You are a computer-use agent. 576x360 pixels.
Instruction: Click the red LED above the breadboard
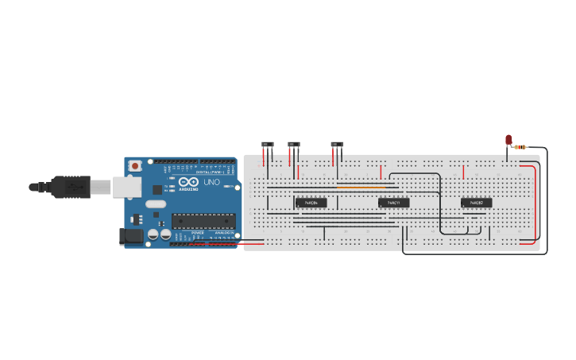coord(509,140)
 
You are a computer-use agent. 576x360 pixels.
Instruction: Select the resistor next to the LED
coord(520,147)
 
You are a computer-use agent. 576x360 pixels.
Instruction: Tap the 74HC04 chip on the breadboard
coord(311,203)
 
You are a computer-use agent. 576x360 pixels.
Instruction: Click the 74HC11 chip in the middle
coord(394,203)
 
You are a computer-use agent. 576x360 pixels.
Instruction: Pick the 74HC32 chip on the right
coord(477,203)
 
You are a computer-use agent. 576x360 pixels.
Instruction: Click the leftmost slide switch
coord(268,145)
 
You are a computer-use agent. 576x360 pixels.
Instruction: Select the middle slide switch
coord(294,145)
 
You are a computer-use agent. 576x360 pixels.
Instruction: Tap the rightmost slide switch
coord(337,145)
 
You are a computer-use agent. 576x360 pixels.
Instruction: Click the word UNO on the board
coord(212,182)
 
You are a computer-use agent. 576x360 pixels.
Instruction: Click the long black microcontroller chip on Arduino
coord(203,222)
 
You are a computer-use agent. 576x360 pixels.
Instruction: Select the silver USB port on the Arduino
coord(126,187)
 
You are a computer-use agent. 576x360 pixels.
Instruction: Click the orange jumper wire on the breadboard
coord(361,188)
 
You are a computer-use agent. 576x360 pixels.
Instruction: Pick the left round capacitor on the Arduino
coord(153,235)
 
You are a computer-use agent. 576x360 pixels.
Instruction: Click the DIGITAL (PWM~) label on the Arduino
coord(215,172)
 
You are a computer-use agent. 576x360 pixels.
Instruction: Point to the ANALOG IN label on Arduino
coord(224,233)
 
